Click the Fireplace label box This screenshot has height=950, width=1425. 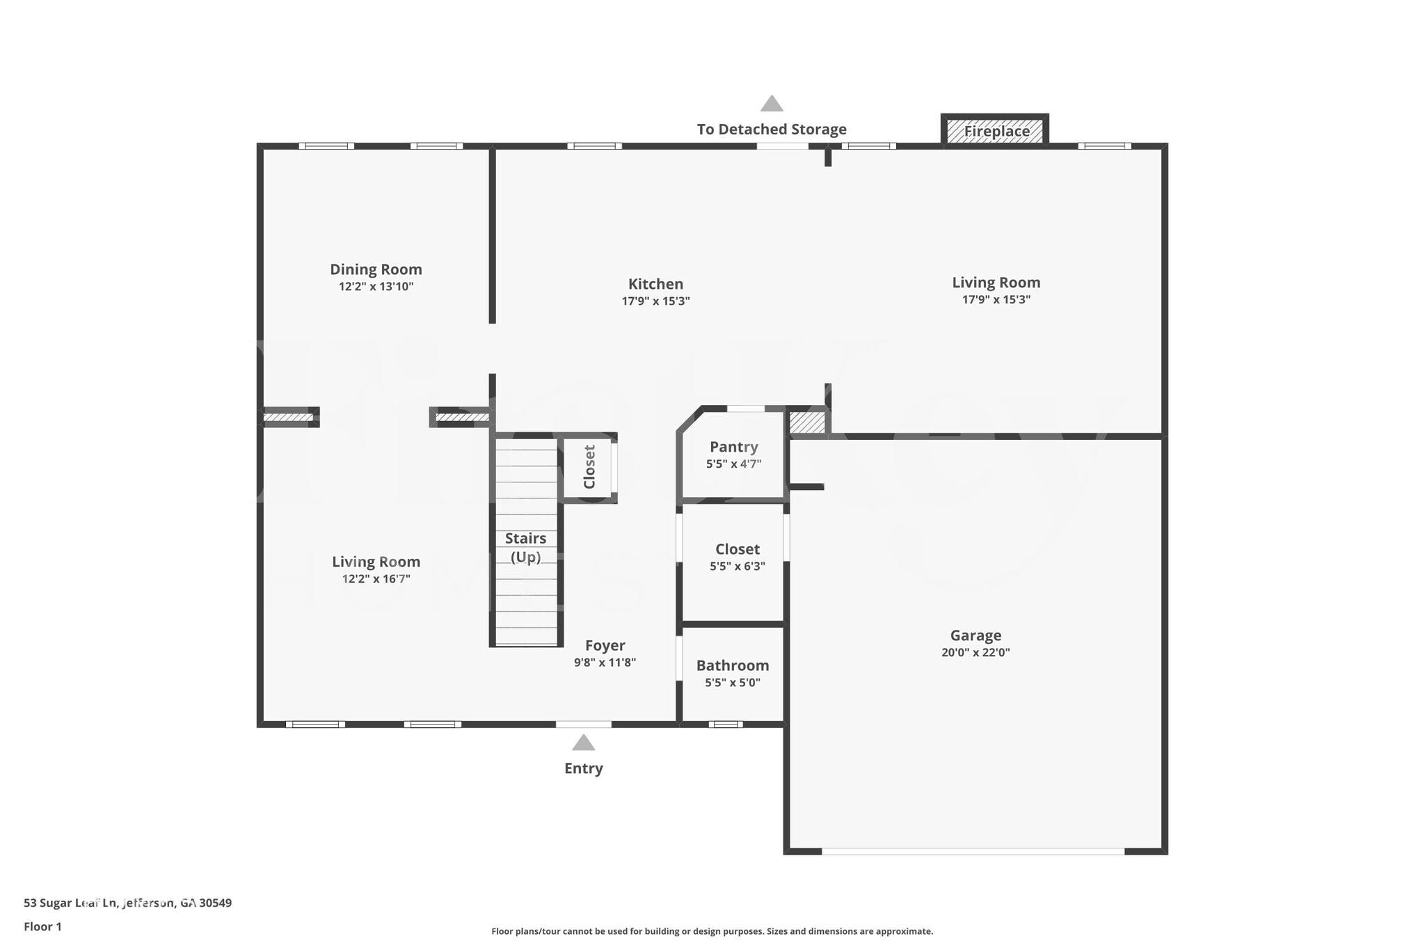click(x=996, y=131)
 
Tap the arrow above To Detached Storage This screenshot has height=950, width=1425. click(x=771, y=104)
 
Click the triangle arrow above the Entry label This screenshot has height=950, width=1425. click(x=583, y=743)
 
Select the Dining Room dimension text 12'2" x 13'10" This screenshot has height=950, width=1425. click(x=376, y=287)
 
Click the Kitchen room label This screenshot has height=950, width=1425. click(x=655, y=284)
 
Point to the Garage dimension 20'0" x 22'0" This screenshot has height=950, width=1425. click(x=976, y=653)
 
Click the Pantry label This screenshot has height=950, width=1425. click(x=733, y=447)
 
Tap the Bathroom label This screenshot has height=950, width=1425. click(x=732, y=665)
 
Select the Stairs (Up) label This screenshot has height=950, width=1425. click(x=525, y=547)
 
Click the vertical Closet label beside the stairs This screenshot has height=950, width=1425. click(x=589, y=467)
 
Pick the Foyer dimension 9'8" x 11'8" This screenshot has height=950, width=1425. click(x=605, y=663)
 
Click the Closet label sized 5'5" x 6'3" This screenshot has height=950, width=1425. click(x=737, y=549)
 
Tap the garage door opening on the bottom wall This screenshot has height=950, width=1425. click(x=973, y=851)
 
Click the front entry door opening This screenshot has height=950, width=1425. click(x=583, y=725)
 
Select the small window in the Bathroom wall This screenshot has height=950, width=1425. click(x=726, y=725)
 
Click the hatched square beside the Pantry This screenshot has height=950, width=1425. click(x=807, y=422)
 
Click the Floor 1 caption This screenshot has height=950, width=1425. click(x=42, y=926)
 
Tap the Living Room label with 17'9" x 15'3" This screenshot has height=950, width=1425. click(x=996, y=283)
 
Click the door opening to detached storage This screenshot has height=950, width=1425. click(x=782, y=146)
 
